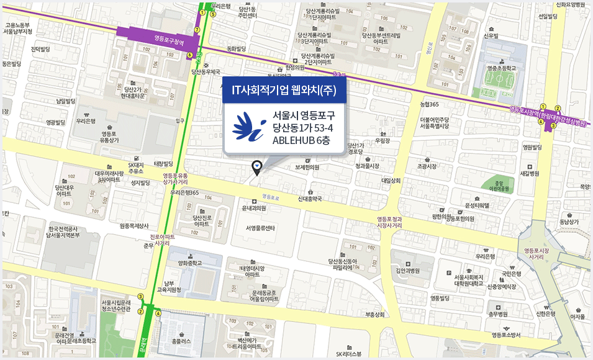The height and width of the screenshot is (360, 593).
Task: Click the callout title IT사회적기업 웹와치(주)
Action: (284, 90)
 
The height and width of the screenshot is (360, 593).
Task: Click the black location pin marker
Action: (256, 166)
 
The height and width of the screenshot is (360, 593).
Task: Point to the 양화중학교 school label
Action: (191, 263)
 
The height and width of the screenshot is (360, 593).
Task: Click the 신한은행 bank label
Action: (545, 313)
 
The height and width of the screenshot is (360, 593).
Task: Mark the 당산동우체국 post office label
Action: (206, 72)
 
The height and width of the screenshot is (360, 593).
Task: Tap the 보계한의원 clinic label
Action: (307, 166)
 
